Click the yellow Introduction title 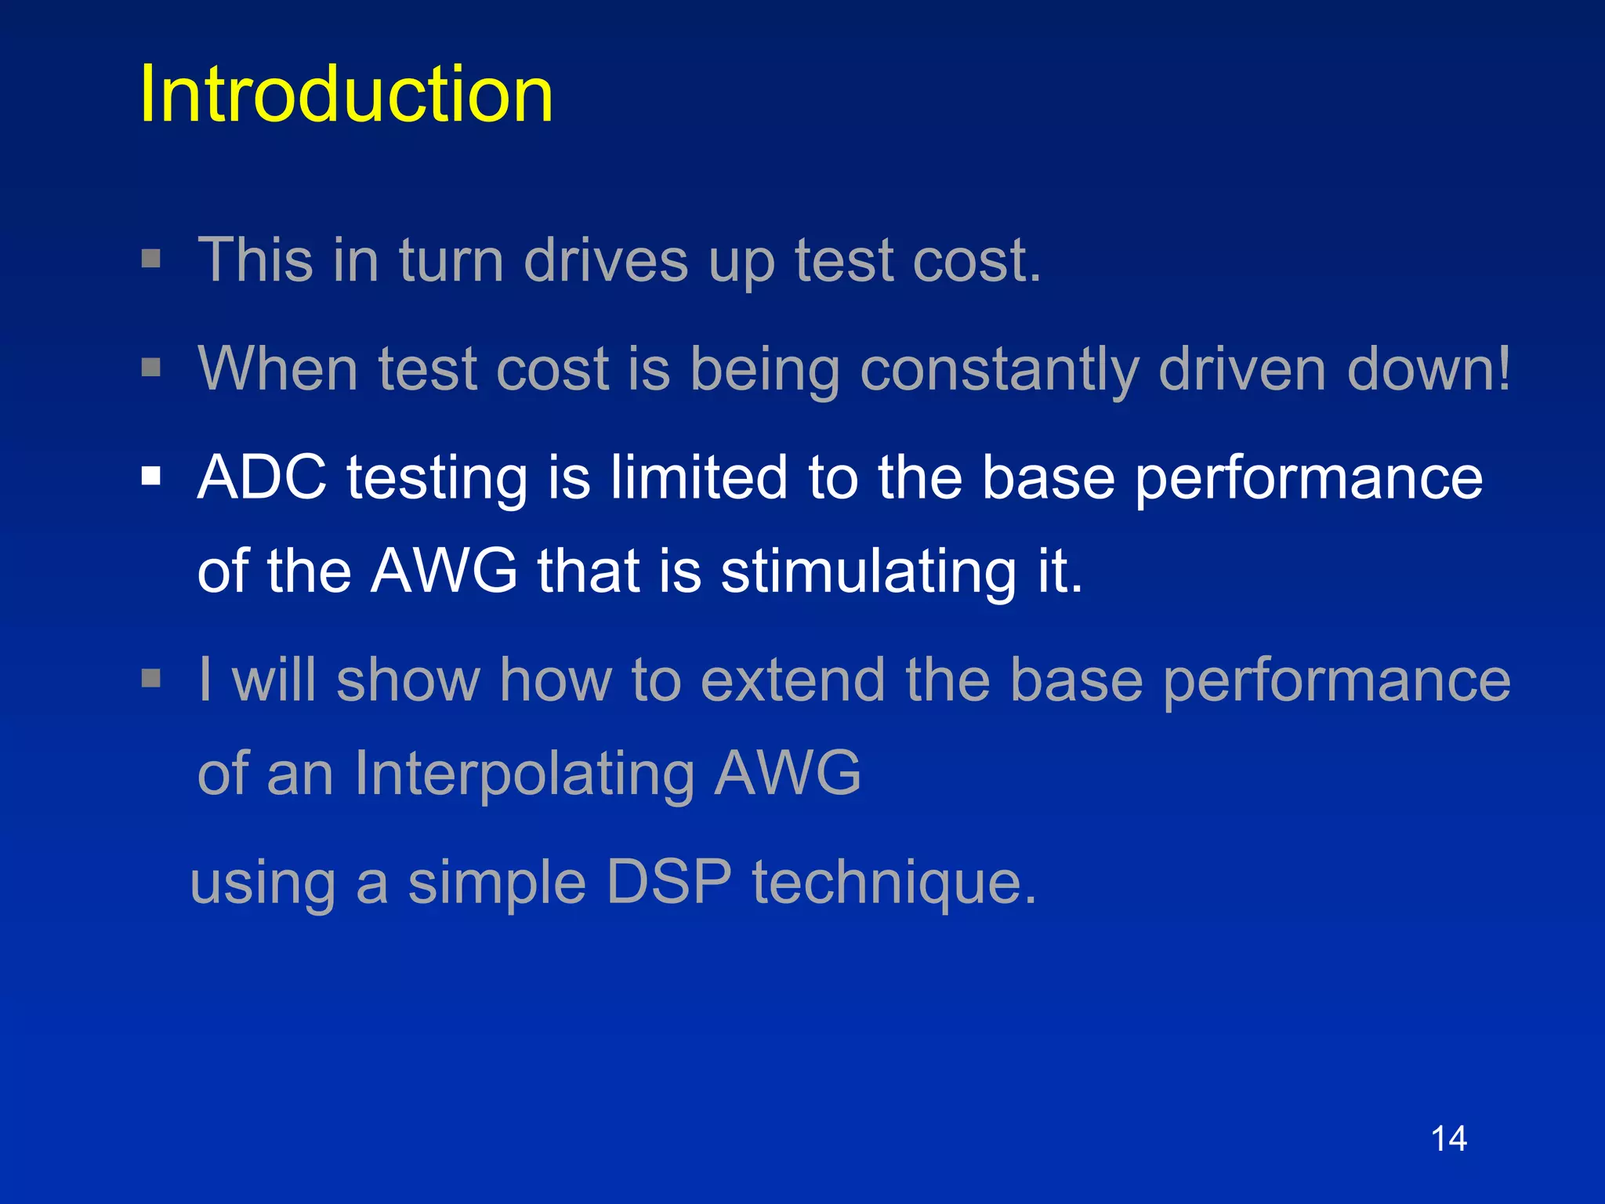click(346, 95)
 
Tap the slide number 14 click(1448, 1138)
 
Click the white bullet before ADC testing click(151, 476)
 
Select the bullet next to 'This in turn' click(151, 259)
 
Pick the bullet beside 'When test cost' click(151, 367)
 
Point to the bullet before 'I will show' click(151, 678)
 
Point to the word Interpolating click(524, 773)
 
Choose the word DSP click(669, 881)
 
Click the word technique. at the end click(894, 883)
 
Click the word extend click(792, 679)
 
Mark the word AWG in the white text click(444, 571)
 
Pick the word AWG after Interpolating click(788, 773)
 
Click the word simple click(497, 883)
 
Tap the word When click(278, 368)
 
